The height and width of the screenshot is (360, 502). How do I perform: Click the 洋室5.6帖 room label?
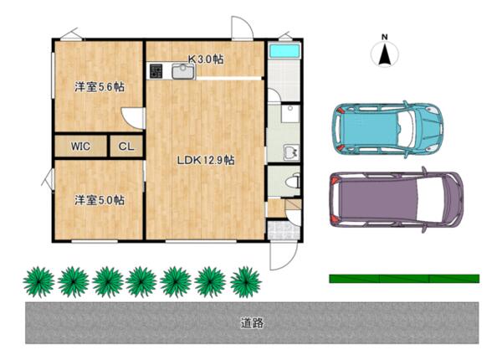coord(100,87)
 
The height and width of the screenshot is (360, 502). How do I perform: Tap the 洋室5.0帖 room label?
coord(100,200)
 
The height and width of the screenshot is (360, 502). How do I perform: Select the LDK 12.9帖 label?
coord(206,160)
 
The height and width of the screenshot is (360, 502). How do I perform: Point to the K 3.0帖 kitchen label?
coord(205,59)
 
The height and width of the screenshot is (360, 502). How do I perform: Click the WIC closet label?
coord(80,147)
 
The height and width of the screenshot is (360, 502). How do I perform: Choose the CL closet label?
coord(126,147)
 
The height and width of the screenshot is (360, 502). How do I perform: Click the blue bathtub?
coord(284,51)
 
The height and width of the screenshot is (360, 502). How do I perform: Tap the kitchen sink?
coord(183,71)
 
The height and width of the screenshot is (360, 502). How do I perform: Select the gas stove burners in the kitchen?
coord(156,71)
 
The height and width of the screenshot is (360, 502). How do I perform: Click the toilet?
coord(292,183)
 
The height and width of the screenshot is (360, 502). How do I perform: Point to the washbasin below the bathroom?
coord(291,152)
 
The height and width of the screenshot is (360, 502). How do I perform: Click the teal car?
coord(387,130)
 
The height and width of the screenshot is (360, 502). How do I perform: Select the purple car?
coord(397,199)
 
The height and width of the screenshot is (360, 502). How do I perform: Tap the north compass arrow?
coord(385,54)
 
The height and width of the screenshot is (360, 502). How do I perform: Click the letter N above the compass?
coord(385,37)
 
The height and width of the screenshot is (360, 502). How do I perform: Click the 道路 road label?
coord(253,323)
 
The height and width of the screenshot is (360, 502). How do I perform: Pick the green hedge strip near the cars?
coord(404,279)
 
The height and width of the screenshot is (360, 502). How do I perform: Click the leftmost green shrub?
coord(38,282)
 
